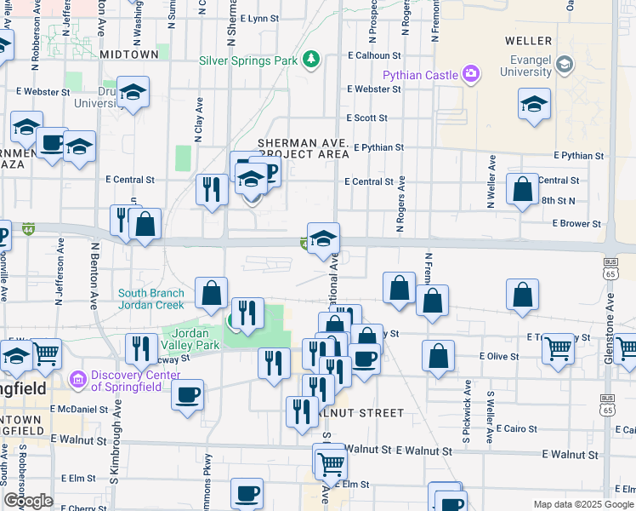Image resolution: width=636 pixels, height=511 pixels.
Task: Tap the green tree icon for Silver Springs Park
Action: point(312,59)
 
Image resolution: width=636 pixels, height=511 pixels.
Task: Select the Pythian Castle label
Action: point(419,75)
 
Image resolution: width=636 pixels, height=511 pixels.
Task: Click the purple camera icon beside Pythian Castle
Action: point(470,74)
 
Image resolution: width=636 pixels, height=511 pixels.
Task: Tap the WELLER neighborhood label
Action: point(528,41)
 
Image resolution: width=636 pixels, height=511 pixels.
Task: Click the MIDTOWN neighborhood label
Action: point(128,54)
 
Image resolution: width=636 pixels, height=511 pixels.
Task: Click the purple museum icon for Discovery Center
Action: point(77,378)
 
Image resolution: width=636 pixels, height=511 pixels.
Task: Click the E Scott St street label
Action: point(367,118)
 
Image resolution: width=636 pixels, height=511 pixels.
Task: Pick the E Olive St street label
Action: point(498,355)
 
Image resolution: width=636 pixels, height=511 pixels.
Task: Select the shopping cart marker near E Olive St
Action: point(558,347)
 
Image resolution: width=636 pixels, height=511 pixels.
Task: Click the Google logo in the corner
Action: point(27,501)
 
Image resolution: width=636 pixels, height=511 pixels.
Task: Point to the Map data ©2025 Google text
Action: point(582,504)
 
